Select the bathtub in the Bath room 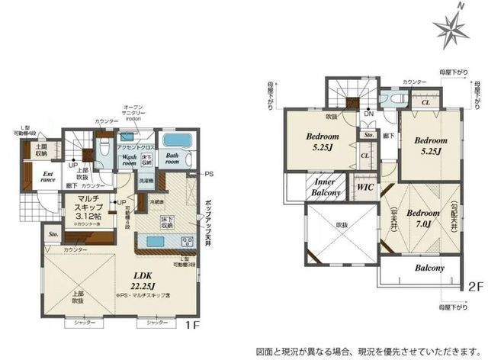177,141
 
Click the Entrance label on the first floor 47,178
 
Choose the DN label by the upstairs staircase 368,113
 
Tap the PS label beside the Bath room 209,175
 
